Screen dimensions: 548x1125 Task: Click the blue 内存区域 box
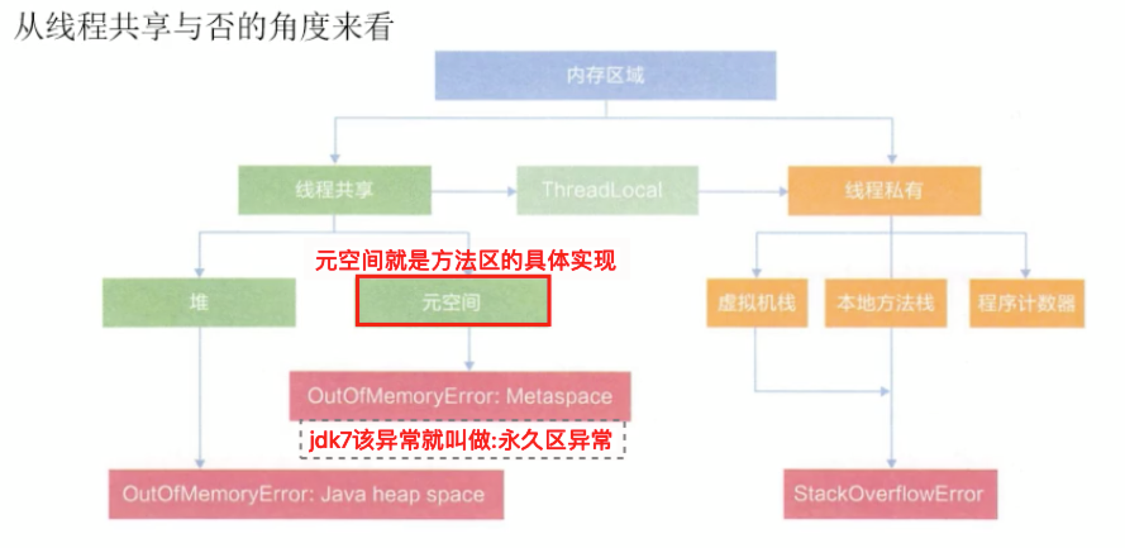pyautogui.click(x=605, y=75)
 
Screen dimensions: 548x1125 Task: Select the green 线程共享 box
pyautogui.click(x=334, y=190)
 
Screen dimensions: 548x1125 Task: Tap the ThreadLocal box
pyautogui.click(x=607, y=190)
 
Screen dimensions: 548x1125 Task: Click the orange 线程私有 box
pyautogui.click(x=883, y=190)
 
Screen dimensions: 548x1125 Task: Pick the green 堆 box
pyautogui.click(x=199, y=302)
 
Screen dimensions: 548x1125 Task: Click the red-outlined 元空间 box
pyautogui.click(x=452, y=302)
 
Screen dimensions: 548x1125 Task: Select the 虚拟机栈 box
pyautogui.click(x=756, y=303)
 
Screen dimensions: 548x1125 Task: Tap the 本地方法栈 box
pyautogui.click(x=885, y=303)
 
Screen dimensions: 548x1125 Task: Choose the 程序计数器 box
pyautogui.click(x=1026, y=303)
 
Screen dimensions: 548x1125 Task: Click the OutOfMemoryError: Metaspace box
pyautogui.click(x=459, y=396)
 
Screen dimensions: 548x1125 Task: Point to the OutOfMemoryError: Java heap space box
pyautogui.click(x=305, y=494)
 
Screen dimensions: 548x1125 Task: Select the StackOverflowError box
pyautogui.click(x=890, y=494)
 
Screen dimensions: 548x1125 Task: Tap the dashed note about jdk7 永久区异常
pyautogui.click(x=462, y=440)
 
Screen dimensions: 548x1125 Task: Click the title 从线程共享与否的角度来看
pyautogui.click(x=204, y=27)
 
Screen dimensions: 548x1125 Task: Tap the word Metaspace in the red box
pyautogui.click(x=559, y=396)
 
